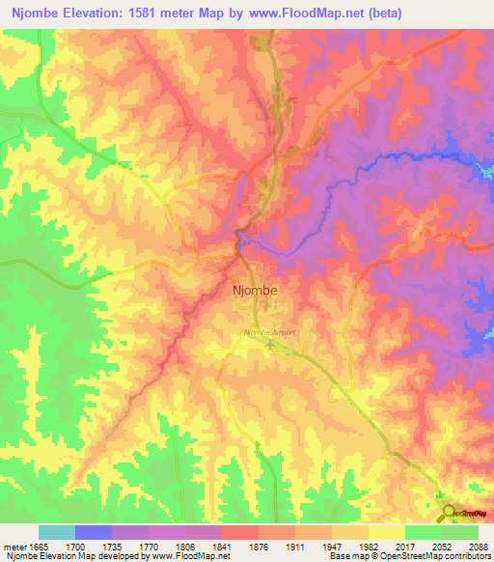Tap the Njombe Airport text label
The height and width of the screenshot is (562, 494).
pyautogui.click(x=269, y=332)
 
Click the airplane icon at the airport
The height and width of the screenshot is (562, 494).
pyautogui.click(x=270, y=344)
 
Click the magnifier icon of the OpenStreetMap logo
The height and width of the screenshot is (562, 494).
pyautogui.click(x=446, y=512)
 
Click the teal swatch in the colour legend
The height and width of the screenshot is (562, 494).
pyautogui.click(x=56, y=532)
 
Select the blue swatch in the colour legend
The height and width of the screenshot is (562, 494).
pyautogui.click(x=93, y=532)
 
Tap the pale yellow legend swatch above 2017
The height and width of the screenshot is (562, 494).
pyautogui.click(x=386, y=532)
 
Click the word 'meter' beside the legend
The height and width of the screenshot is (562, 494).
pyautogui.click(x=15, y=547)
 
